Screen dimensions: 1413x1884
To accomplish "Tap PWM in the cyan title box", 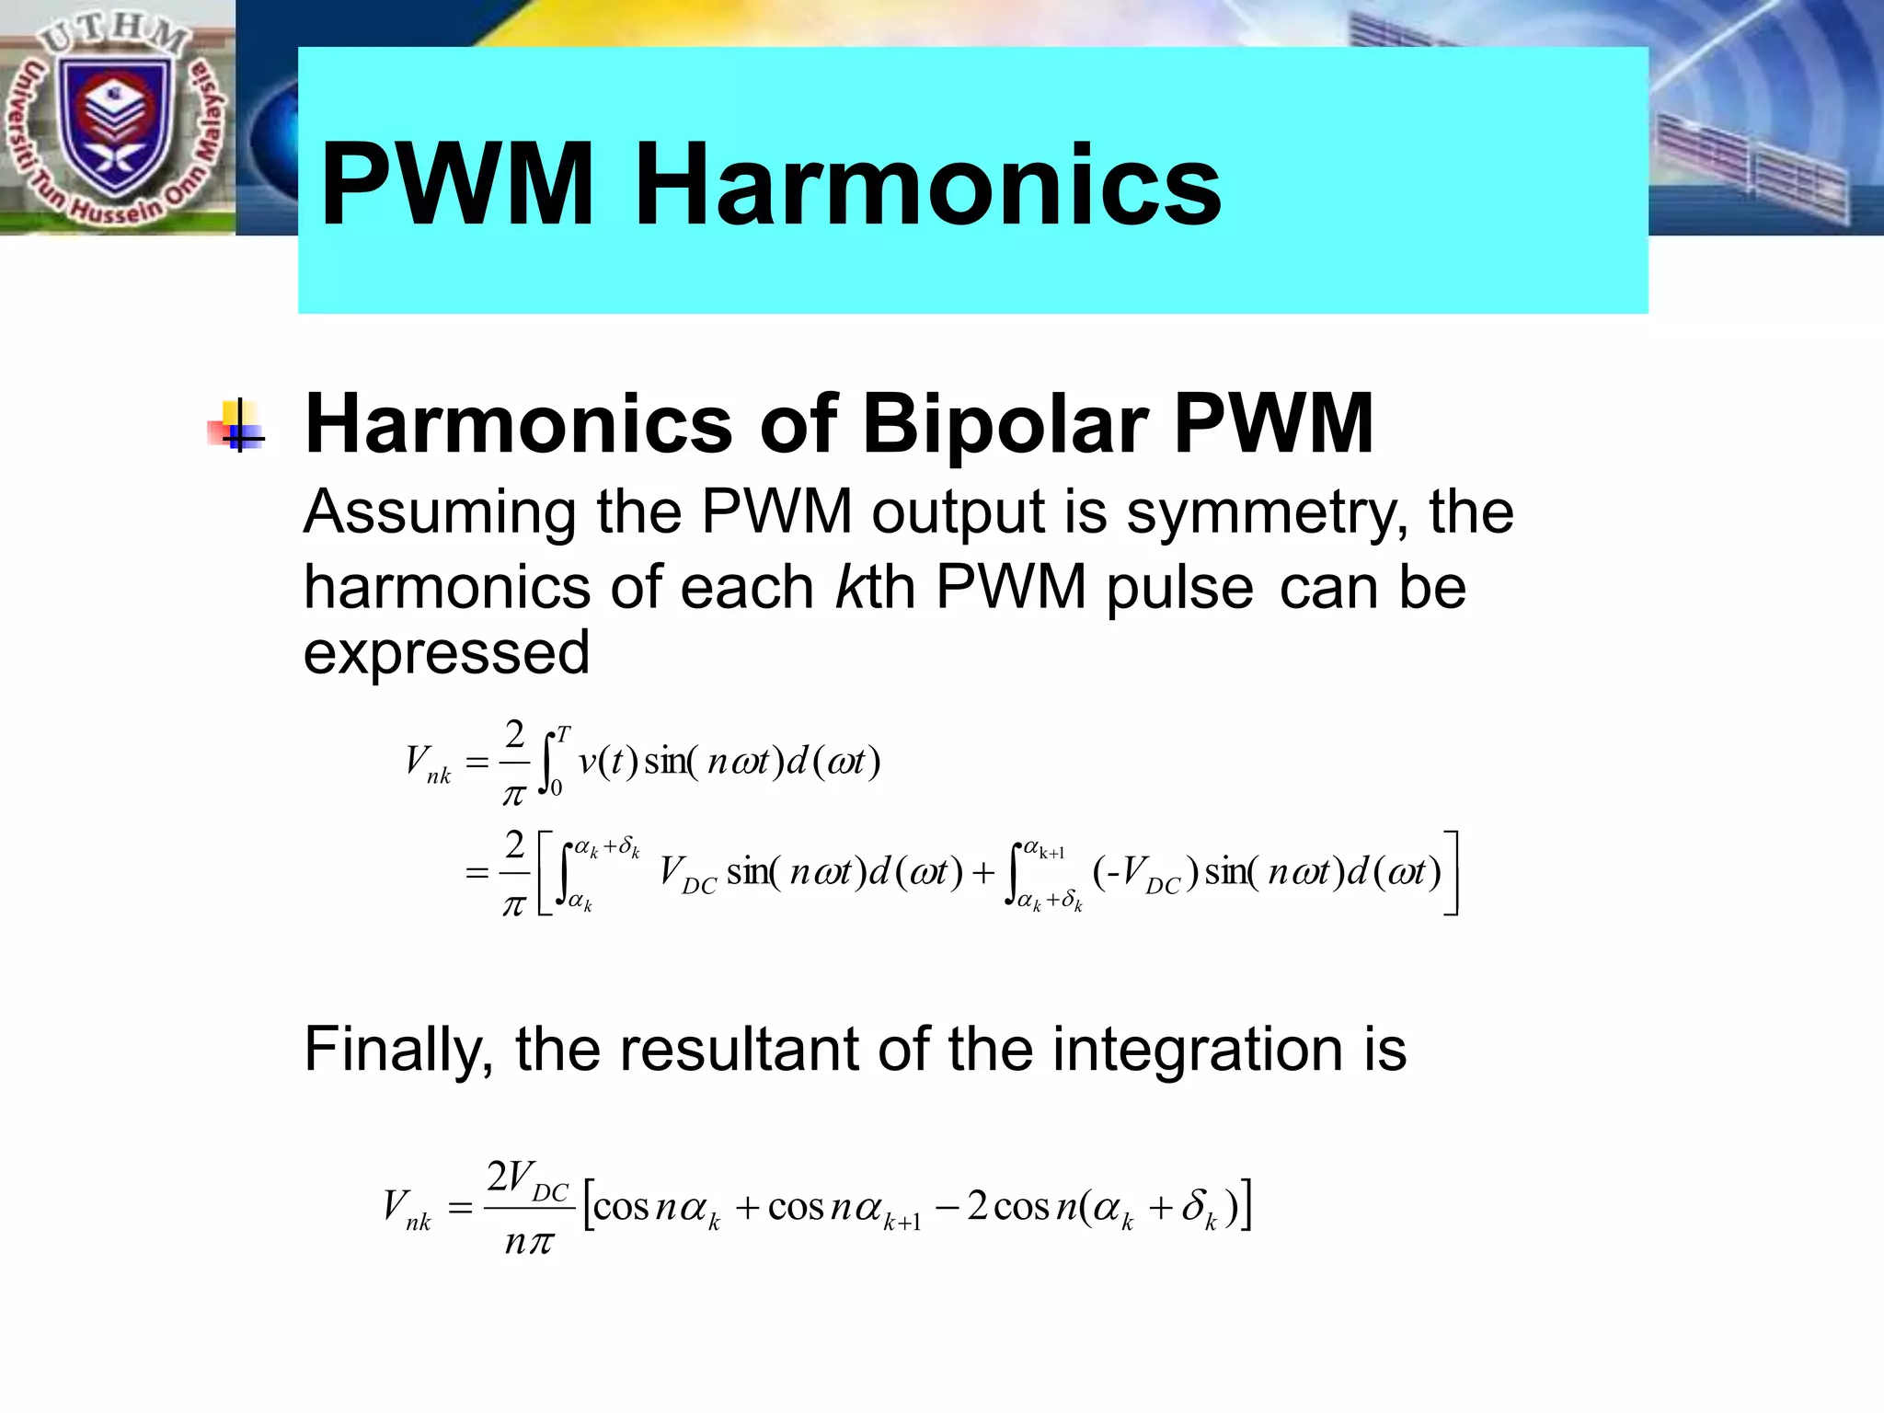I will (x=457, y=184).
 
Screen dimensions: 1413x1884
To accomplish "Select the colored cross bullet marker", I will (x=237, y=425).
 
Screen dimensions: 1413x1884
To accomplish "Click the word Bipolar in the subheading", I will (x=1004, y=425).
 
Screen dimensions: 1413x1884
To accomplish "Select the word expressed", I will (x=446, y=652).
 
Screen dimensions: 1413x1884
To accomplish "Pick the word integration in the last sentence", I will (x=1197, y=1049).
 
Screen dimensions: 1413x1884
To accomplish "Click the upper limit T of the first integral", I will (x=563, y=733).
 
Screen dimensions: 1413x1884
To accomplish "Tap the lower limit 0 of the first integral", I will (x=557, y=788).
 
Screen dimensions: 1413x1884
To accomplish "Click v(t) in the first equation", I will (x=607, y=762).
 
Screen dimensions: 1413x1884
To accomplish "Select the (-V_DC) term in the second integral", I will (x=1145, y=872).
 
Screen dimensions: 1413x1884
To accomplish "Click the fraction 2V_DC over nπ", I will (x=528, y=1207).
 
